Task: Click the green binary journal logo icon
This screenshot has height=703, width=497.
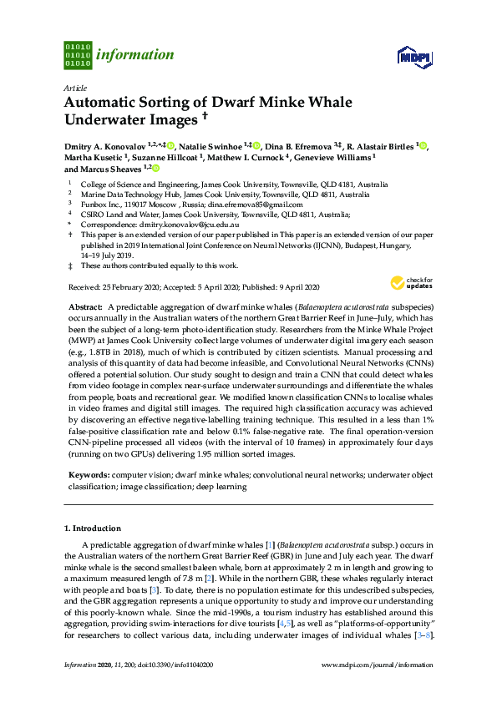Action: (x=77, y=55)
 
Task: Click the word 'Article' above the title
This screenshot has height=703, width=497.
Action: (x=74, y=88)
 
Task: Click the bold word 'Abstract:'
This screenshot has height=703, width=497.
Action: (x=85, y=308)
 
